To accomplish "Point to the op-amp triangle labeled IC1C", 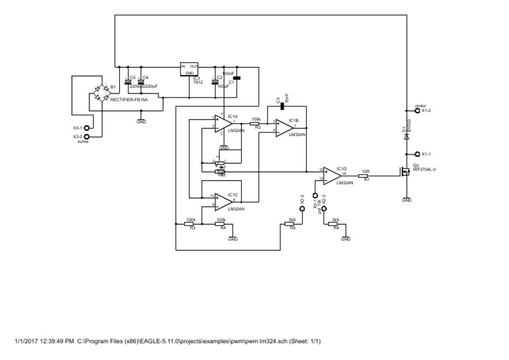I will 226,200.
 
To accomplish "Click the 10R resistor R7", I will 365,175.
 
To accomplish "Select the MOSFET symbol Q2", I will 403,171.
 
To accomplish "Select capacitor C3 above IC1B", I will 282,105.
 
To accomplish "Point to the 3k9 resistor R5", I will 290,224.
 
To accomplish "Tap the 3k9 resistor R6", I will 335,224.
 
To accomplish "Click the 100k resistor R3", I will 191,224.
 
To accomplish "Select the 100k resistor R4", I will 221,224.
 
